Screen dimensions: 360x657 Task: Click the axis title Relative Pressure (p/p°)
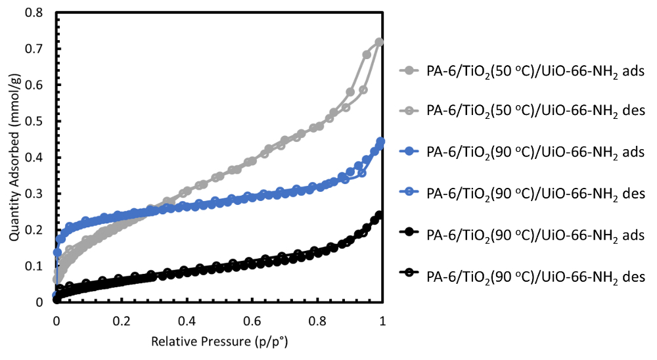click(219, 342)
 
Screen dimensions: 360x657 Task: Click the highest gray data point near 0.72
click(379, 42)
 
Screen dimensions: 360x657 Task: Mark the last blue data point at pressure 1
click(380, 141)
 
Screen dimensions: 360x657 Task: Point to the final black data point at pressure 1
click(379, 215)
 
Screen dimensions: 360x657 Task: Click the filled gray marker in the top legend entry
click(409, 70)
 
